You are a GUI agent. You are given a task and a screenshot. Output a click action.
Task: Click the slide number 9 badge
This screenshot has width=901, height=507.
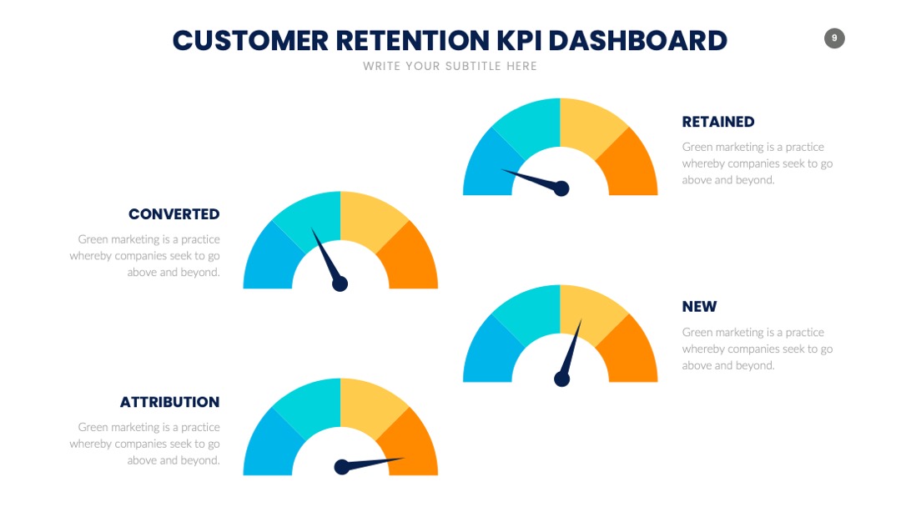pos(834,38)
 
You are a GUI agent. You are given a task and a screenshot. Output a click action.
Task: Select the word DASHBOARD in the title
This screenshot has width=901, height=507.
pos(638,41)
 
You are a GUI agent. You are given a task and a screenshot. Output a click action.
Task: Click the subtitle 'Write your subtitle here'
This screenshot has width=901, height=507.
pos(450,66)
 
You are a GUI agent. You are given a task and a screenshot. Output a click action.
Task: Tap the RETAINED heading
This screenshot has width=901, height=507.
pos(717,122)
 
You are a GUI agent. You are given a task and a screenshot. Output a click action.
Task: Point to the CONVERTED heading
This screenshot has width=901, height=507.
pos(174,214)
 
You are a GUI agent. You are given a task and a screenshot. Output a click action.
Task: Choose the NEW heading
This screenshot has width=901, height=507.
pos(699,307)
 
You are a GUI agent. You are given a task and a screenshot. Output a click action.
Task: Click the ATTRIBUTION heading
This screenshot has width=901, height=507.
pos(169,402)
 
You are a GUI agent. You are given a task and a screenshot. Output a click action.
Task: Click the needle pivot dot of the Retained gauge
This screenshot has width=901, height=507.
pos(561,188)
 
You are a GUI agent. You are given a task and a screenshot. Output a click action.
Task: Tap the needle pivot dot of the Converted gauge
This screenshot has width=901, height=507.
pos(340,284)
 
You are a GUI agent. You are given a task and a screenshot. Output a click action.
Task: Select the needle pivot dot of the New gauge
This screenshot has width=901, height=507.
pos(561,379)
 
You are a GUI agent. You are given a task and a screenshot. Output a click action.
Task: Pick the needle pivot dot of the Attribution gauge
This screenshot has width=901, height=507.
pos(342,467)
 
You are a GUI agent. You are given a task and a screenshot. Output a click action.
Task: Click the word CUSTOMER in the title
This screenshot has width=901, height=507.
pos(251,41)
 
